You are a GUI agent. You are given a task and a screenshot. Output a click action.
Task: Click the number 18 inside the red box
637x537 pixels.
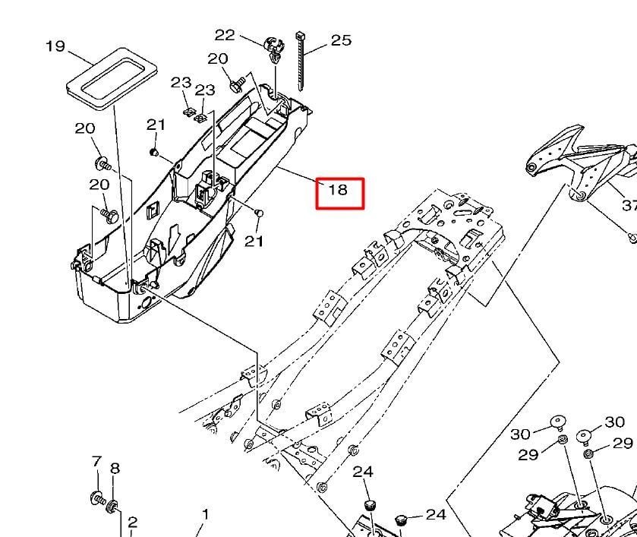coord(338,190)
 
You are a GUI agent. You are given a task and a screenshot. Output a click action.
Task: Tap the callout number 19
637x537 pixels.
coord(55,46)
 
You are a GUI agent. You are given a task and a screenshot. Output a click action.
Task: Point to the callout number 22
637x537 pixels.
coord(225,34)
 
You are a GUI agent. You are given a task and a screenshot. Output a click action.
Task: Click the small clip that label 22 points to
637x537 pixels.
coord(273,47)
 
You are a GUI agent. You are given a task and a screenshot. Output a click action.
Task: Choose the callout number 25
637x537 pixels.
coord(341,39)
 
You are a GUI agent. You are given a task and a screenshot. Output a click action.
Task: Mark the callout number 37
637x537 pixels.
coord(629,205)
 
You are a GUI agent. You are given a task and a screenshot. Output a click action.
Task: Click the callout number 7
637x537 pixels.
coord(96,461)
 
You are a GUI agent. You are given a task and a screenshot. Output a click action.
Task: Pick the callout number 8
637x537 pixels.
coord(115,468)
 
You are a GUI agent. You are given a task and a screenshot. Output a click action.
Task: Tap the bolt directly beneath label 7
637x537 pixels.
coord(98,498)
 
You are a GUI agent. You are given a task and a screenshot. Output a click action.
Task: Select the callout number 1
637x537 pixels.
coord(204,514)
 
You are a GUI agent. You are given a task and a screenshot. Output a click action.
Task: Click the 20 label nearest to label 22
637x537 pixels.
coord(218,58)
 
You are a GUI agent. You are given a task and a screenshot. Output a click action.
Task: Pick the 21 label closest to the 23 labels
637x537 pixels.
coord(156,125)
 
